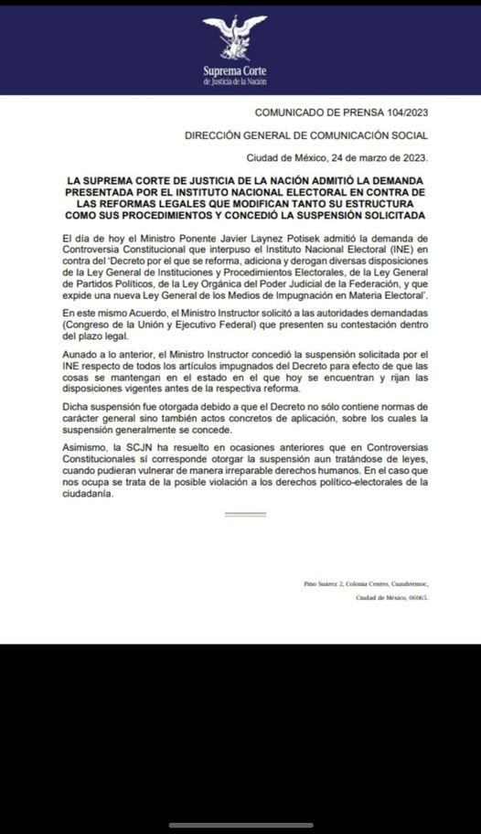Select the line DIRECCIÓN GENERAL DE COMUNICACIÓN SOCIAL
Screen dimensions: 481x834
coord(306,134)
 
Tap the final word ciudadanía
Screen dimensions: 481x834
coord(80,493)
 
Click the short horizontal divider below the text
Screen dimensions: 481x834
coord(244,514)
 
